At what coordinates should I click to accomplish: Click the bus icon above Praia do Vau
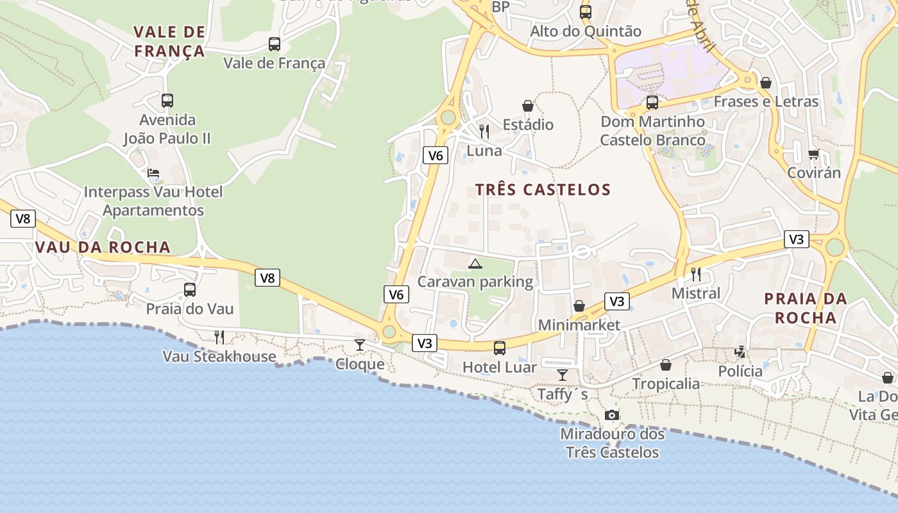[190, 290]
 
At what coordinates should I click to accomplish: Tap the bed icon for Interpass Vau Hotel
[153, 173]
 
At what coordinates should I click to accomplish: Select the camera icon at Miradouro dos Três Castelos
[612, 416]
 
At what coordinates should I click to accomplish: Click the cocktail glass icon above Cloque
[360, 345]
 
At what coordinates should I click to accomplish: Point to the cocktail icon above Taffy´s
[563, 375]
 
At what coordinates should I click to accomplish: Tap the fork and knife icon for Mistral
[696, 274]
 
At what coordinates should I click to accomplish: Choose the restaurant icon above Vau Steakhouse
[219, 337]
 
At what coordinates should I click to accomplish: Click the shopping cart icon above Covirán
[814, 154]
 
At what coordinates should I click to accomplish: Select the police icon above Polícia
[740, 352]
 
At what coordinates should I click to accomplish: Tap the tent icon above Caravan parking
[475, 264]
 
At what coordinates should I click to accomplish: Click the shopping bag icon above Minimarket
[579, 306]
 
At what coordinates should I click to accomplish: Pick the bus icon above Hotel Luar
[500, 348]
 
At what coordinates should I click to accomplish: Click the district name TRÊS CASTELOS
[543, 190]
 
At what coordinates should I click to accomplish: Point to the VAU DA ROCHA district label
[103, 248]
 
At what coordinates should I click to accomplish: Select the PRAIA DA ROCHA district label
[806, 308]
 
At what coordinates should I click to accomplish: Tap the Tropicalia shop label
[666, 384]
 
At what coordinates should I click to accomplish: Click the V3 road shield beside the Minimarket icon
[616, 301]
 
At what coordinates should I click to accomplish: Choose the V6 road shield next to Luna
[435, 155]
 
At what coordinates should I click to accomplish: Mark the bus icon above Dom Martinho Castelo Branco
[652, 103]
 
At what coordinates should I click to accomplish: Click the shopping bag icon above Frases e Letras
[766, 83]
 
